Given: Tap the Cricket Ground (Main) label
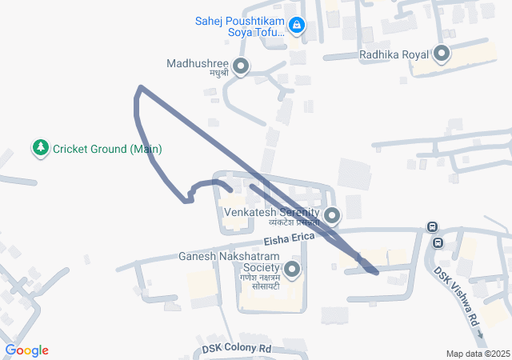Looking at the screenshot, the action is point(108,149).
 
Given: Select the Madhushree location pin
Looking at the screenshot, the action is point(239,66).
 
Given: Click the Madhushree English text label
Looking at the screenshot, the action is point(198,63).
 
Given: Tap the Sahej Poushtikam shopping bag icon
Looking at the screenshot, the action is point(297,26).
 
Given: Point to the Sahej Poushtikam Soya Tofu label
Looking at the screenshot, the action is point(240,26).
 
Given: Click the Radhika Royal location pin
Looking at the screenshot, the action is point(442,55).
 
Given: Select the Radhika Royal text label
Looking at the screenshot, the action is point(394,54).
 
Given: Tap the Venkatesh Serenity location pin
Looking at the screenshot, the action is point(332,214).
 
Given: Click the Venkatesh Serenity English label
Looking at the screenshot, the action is point(272,214).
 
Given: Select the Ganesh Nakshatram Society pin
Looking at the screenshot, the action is point(293,270).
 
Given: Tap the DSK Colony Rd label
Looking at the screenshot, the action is point(236,349).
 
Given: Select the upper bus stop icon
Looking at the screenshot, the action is point(432,227).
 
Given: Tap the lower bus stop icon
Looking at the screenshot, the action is point(438,242).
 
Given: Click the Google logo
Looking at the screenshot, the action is point(26,350).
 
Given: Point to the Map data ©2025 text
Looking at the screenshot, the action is point(478,354).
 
